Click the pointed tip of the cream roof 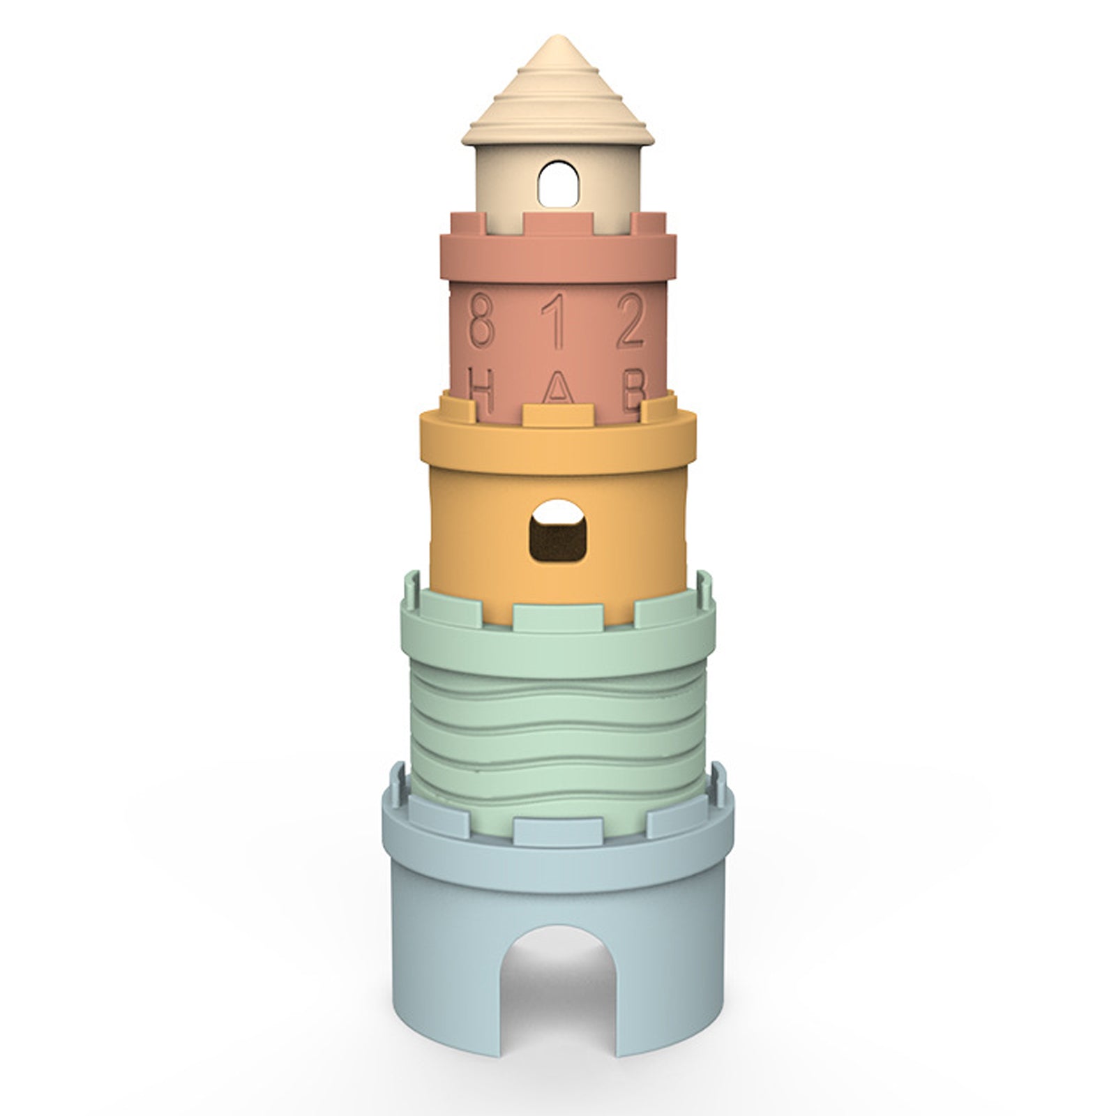[x=557, y=36]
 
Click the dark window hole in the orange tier [x=558, y=530]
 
